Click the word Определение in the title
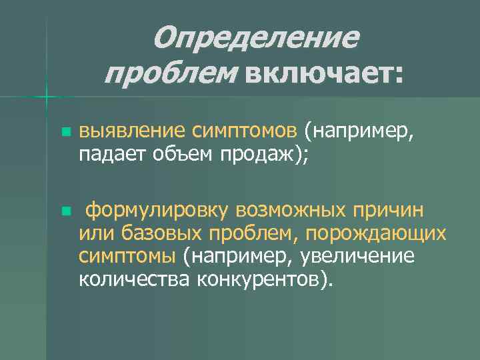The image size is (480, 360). pyautogui.click(x=255, y=39)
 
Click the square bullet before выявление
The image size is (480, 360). pyautogui.click(x=65, y=132)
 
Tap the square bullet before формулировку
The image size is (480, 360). pyautogui.click(x=65, y=211)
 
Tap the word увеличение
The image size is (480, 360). pyautogui.click(x=357, y=255)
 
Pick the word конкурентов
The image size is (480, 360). pyautogui.click(x=263, y=277)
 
